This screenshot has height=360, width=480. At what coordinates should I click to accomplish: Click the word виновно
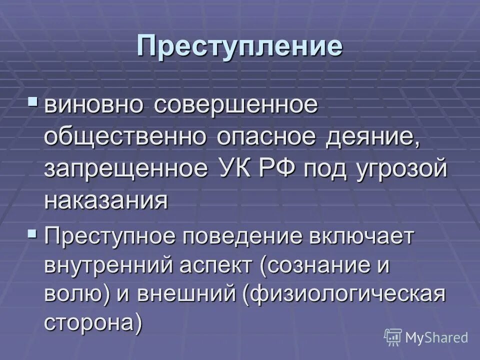click(x=95, y=107)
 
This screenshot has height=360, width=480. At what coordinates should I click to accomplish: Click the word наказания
click(x=106, y=200)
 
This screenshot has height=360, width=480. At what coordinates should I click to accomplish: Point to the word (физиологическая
click(x=344, y=294)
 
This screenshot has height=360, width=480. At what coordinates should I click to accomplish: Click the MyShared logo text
click(x=436, y=337)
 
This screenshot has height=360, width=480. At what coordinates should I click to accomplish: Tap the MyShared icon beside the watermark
click(x=393, y=336)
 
